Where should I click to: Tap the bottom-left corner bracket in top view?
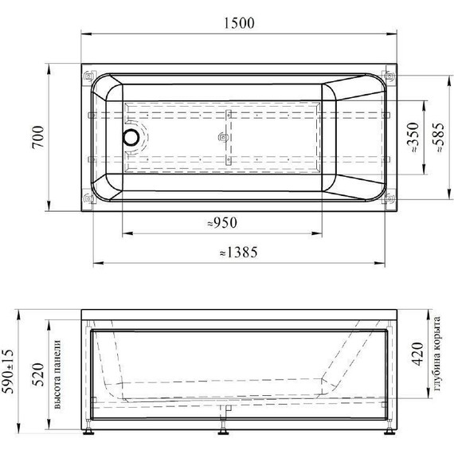[88, 194]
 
